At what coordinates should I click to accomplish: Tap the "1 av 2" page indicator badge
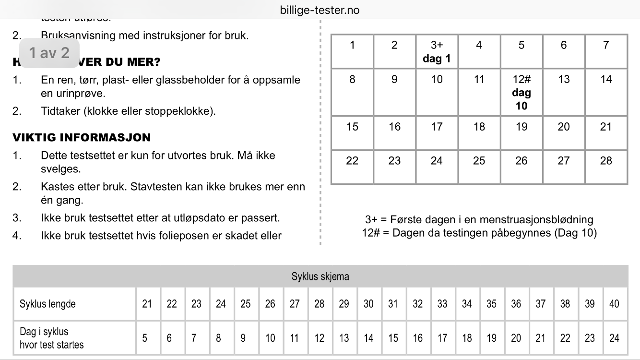49,52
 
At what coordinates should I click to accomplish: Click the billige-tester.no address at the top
320,10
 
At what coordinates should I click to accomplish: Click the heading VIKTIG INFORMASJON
82,138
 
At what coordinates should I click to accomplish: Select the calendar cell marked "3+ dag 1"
437,51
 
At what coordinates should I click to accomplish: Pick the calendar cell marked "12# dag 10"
521,92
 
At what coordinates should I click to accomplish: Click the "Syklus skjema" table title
320,276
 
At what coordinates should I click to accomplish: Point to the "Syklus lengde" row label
47,304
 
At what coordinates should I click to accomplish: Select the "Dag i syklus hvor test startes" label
51,338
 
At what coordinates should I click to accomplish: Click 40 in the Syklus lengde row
614,304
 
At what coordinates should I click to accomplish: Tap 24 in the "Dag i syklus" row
614,338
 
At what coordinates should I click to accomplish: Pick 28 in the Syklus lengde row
319,304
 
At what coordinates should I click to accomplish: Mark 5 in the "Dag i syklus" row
144,338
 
